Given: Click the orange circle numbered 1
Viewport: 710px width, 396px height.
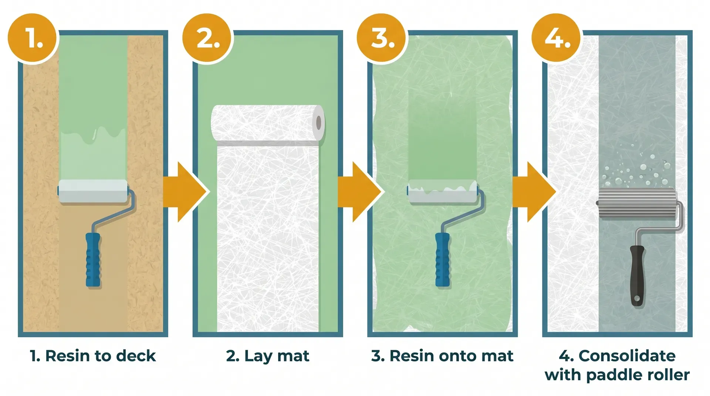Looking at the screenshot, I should pos(33,38).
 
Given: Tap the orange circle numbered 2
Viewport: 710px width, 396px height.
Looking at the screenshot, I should pos(208,38).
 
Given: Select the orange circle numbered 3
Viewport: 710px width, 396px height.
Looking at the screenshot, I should pos(383,38).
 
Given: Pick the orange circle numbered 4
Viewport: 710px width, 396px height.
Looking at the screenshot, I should pos(557,38).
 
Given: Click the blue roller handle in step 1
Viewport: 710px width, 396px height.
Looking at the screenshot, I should pos(93,260).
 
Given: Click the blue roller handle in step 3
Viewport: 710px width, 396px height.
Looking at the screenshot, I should pos(442,260).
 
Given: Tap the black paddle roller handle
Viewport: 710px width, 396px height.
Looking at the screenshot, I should pos(637,275).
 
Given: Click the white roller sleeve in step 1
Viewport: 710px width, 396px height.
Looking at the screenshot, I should pos(93,191).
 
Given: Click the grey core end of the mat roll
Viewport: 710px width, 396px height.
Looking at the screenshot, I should pos(318,123).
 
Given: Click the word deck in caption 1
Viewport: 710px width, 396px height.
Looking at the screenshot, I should pos(136,356).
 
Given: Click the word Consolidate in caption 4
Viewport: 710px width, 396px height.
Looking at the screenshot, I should pos(627,356).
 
